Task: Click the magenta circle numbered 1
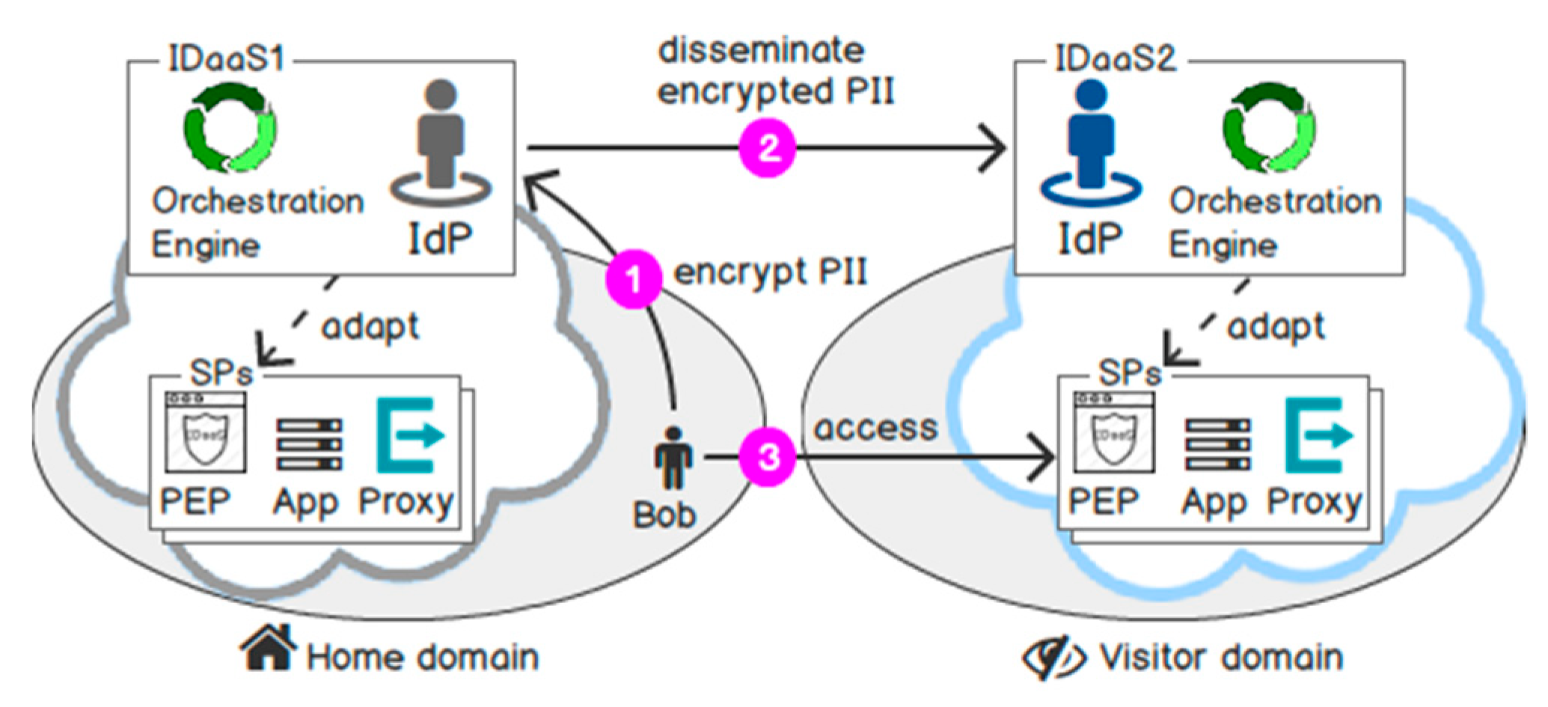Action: tap(634, 280)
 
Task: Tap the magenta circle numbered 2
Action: tap(768, 148)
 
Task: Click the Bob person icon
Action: tap(673, 459)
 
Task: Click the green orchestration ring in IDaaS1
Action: tap(230, 127)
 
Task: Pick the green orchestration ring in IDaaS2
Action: tap(1270, 127)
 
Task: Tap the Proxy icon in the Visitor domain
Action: tap(1318, 435)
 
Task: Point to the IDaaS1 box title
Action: tap(226, 59)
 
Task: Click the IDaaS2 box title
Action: tap(1114, 59)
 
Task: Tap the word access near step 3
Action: tap(875, 428)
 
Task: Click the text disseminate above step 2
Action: tap(761, 51)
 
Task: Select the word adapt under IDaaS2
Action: tap(1276, 327)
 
